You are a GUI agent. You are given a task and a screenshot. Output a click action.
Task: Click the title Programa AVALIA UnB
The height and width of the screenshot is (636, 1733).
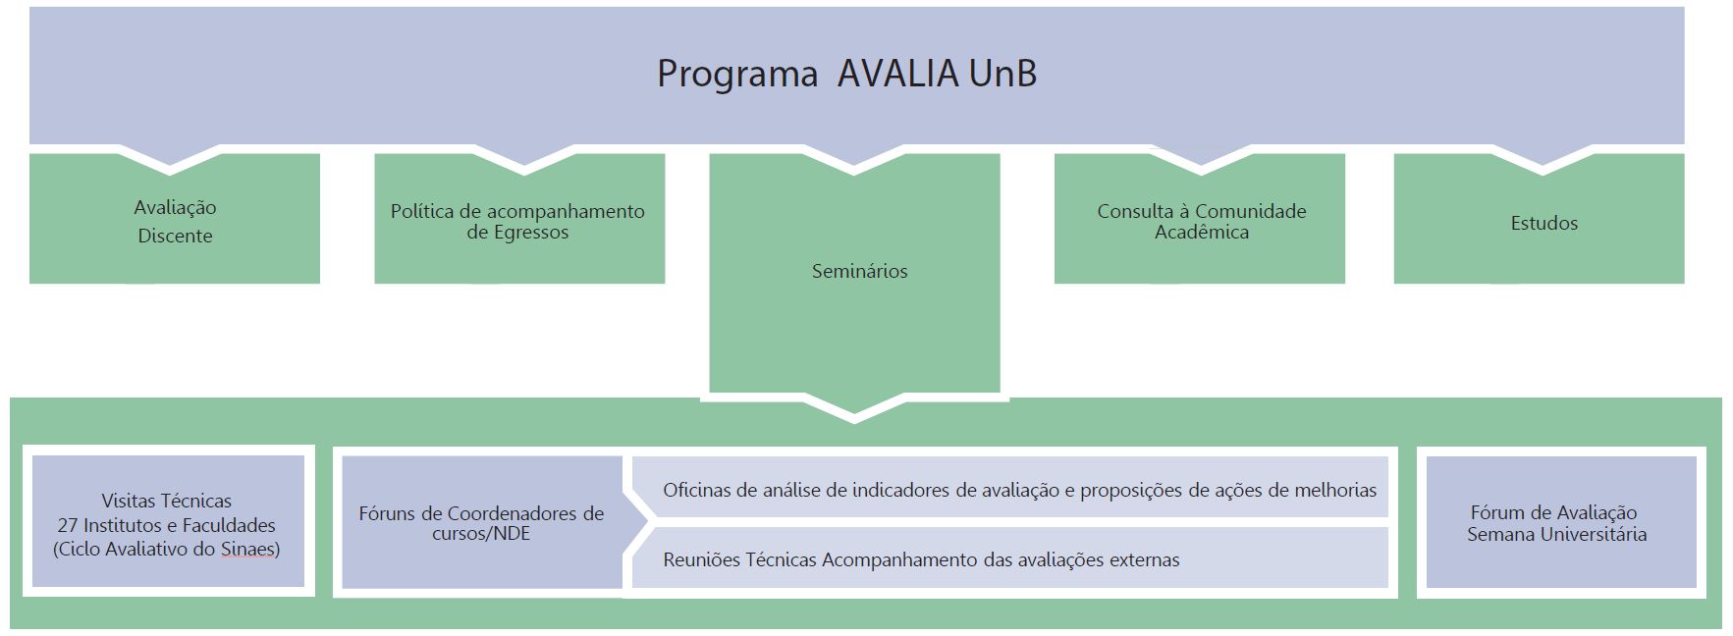coord(846,74)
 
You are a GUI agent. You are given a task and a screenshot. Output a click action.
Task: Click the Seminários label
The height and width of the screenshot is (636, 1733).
coord(860,271)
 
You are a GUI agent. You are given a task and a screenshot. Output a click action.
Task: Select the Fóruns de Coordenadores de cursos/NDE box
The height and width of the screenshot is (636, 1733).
coord(482,522)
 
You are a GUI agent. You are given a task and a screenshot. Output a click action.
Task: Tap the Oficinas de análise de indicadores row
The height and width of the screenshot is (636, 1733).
coord(1010,487)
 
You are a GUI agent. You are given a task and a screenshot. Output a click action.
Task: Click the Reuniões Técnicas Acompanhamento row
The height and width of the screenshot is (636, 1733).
coord(1010,557)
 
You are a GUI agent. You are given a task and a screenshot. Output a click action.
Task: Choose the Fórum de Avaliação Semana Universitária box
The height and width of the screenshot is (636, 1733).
coord(1561,522)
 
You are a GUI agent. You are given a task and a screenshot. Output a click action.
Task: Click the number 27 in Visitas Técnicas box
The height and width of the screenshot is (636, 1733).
coord(68,525)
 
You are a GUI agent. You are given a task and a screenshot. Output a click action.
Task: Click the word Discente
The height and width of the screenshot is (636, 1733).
coord(175,236)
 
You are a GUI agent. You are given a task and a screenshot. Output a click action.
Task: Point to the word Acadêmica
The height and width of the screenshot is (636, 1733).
coord(1202,233)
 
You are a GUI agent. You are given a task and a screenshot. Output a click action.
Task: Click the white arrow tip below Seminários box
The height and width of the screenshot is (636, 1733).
coord(854,420)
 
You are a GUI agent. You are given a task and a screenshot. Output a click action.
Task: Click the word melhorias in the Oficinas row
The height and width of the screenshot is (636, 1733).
coord(1336,490)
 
